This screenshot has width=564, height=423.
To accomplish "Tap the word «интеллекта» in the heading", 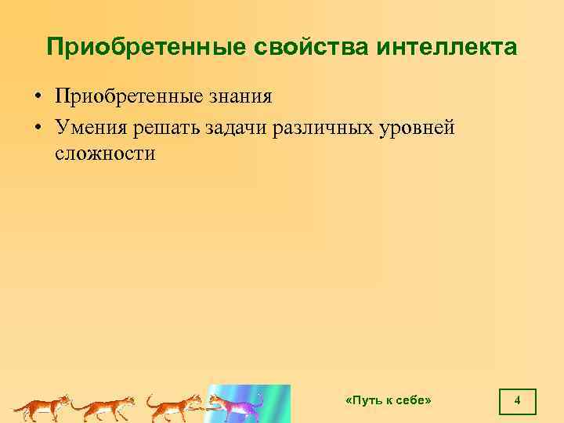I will tap(446, 47).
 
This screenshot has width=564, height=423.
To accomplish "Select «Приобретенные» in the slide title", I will tap(146, 47).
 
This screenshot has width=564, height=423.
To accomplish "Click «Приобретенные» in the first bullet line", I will tap(128, 97).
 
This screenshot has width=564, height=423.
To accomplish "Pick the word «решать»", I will tap(166, 126).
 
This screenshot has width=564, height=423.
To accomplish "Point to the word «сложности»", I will tap(105, 154).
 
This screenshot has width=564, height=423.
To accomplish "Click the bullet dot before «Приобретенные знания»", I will tap(37, 98).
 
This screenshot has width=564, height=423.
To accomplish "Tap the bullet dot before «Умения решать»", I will tap(37, 127).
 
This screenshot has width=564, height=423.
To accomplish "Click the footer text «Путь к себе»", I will tap(389, 400).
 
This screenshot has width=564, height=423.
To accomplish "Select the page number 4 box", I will tap(517, 401).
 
